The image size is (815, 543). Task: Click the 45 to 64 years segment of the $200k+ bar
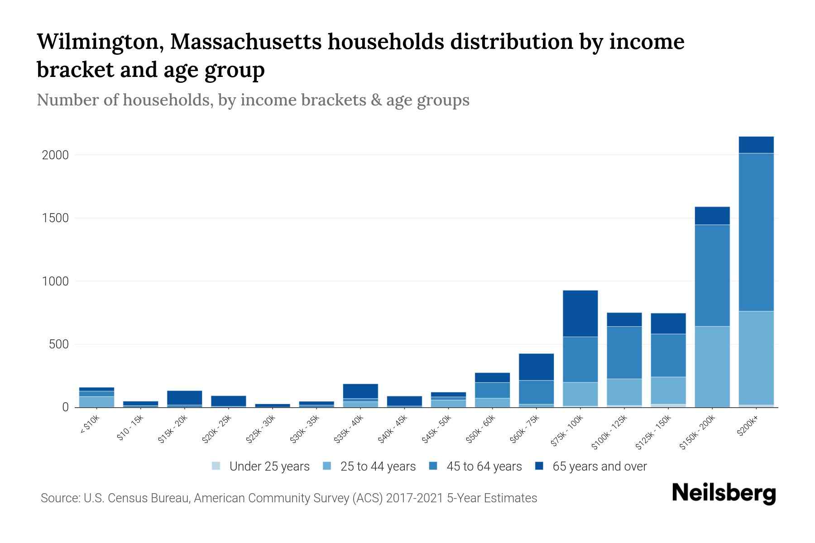tap(756, 232)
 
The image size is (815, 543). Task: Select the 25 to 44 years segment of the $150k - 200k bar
tap(712, 367)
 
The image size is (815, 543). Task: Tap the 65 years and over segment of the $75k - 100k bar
tap(580, 313)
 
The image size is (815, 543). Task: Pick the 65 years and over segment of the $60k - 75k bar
tap(536, 367)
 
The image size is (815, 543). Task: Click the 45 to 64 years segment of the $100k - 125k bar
tap(624, 352)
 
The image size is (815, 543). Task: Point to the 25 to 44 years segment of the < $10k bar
tap(96, 401)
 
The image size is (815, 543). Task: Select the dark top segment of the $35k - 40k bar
tap(360, 391)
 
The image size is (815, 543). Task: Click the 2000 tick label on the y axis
tap(55, 155)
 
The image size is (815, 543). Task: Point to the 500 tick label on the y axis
tap(58, 345)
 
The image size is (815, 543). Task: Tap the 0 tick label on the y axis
tap(65, 408)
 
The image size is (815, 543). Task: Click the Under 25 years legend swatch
tap(216, 466)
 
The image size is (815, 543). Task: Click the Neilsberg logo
tap(724, 493)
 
